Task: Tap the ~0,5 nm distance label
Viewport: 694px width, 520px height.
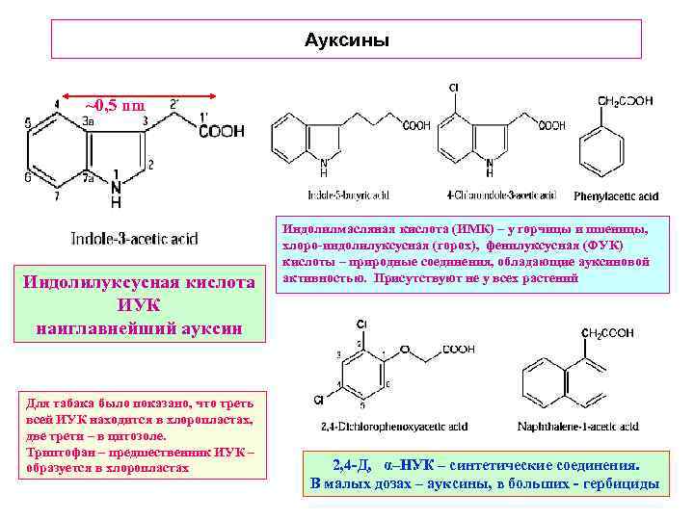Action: tap(115, 104)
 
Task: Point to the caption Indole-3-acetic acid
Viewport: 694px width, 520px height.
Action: tap(135, 236)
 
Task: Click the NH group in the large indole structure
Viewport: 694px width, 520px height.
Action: tap(116, 193)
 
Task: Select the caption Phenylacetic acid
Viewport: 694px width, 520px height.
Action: tap(616, 196)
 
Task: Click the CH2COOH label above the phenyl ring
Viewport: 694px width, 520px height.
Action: tap(625, 100)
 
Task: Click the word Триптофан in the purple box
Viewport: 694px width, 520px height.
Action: tap(60, 453)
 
